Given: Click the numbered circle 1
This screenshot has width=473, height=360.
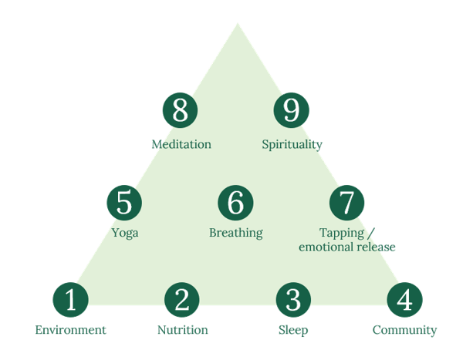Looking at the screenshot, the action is point(70,300).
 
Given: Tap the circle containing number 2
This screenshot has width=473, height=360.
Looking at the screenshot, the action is point(181,300).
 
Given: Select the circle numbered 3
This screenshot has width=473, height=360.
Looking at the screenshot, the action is point(292,300).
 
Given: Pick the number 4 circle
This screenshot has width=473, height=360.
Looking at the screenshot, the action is point(404,300).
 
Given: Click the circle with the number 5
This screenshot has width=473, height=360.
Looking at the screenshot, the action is point(124,203).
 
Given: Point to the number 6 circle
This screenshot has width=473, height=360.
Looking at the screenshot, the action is point(236,203).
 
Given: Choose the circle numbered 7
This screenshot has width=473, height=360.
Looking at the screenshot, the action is point(346,203).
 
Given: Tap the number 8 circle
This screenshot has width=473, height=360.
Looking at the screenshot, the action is point(180,111).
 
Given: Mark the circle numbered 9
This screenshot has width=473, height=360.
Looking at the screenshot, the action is point(292,111).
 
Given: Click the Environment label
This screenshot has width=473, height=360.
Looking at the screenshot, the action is point(71,331).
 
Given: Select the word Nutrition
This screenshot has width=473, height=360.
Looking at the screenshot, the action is point(182,331).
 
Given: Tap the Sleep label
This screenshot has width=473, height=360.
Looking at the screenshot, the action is point(293,331).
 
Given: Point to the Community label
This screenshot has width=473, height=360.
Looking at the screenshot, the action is point(404,331).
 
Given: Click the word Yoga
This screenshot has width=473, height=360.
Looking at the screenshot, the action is point(125,233).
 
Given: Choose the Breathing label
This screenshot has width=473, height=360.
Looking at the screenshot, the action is point(236,233).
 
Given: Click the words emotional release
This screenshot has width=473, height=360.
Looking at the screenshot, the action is point(346,247).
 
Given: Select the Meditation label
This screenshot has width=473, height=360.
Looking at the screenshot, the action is point(181,144).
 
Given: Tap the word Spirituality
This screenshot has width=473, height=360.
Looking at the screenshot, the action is point(292,144).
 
